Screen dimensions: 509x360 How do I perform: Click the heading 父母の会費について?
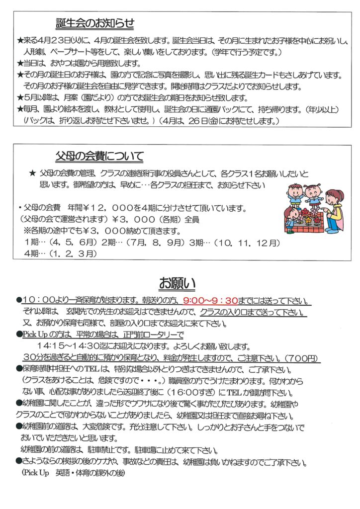tap(100, 157)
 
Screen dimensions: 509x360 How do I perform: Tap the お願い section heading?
tap(177, 283)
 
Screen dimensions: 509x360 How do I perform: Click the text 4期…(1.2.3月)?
tap(60, 254)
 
